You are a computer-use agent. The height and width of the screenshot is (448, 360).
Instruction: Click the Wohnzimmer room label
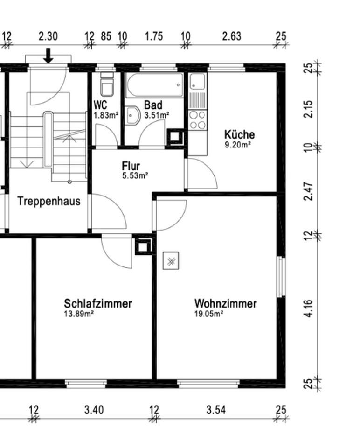(x=225, y=303)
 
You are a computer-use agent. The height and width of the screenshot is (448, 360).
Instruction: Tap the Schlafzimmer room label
(x=98, y=303)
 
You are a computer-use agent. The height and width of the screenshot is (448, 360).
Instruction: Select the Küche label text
(x=239, y=134)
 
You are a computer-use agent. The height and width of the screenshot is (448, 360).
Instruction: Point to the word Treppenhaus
(x=49, y=201)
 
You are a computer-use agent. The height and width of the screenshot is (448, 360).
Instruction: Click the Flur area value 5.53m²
(x=135, y=175)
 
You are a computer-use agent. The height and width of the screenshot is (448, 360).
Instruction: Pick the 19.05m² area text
(x=209, y=314)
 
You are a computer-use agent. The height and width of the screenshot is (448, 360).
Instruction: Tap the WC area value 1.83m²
(x=106, y=115)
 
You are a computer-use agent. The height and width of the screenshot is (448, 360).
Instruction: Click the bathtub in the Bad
(x=154, y=85)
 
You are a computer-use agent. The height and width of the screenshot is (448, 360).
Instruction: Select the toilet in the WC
(x=107, y=84)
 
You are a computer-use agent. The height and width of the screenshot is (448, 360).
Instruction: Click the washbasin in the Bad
(x=132, y=115)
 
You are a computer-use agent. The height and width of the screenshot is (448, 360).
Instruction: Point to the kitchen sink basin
(x=198, y=81)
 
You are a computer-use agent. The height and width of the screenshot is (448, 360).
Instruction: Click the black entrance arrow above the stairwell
(x=48, y=56)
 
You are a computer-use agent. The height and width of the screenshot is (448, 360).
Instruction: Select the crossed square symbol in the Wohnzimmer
(x=171, y=260)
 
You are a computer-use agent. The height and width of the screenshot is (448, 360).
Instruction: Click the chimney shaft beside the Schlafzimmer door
(x=143, y=246)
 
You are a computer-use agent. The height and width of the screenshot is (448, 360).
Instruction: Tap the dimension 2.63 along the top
(x=232, y=36)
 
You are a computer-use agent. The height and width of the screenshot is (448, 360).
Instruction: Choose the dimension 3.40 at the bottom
(x=94, y=410)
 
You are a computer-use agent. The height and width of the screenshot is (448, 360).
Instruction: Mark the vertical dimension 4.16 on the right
(x=309, y=308)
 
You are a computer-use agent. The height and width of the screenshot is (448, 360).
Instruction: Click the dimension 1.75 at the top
(x=154, y=36)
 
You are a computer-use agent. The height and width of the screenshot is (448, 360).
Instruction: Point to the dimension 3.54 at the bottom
(x=216, y=410)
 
